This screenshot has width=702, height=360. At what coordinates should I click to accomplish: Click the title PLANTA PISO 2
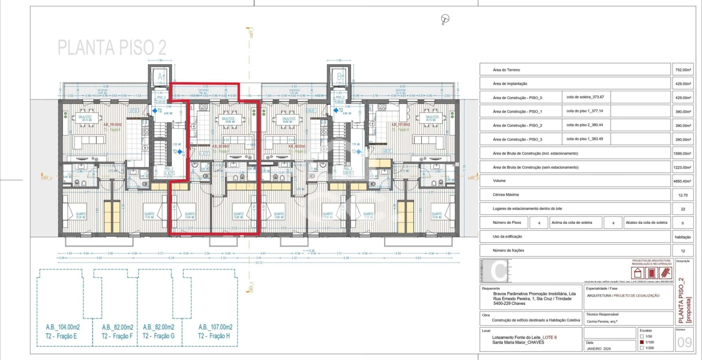(112, 47)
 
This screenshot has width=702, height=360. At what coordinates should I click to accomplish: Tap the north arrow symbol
(445, 19)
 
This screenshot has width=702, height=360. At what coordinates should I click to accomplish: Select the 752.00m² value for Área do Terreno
(683, 70)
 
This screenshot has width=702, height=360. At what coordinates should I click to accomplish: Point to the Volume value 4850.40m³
(683, 181)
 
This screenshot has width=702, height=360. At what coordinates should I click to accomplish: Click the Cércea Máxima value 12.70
(683, 195)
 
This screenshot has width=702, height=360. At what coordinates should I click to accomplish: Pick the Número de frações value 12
(683, 250)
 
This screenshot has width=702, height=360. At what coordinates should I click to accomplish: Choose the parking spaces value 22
(683, 209)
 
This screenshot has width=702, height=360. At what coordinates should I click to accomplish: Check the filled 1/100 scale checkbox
(642, 342)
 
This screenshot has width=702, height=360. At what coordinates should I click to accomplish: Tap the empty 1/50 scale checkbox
(642, 336)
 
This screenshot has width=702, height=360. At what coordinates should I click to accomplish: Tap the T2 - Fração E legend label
(61, 336)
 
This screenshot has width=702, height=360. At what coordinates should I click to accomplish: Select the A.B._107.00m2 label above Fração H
(215, 327)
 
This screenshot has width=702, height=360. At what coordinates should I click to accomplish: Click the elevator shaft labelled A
(160, 76)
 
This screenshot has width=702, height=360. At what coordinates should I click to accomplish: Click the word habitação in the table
(683, 237)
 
